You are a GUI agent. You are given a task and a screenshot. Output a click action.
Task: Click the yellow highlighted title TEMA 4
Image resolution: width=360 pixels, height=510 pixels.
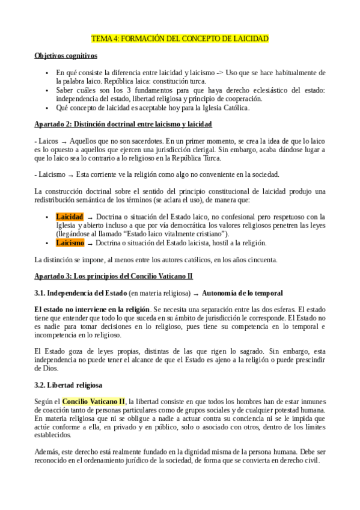[x=180, y=39]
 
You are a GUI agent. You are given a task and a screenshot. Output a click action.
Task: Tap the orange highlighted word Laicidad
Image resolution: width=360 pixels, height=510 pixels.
[x=70, y=217]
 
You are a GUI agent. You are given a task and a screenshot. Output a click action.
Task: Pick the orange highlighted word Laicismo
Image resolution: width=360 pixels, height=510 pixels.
[x=70, y=243]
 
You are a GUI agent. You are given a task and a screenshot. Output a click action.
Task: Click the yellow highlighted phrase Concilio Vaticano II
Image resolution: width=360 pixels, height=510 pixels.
[x=94, y=401]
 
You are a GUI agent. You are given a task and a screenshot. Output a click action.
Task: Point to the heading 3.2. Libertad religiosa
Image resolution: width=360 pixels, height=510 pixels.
[x=68, y=384]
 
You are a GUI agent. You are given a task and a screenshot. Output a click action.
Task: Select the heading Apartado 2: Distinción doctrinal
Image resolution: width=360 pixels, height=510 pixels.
[x=123, y=124]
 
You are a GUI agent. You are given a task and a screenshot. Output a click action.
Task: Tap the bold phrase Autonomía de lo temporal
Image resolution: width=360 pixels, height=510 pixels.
[x=243, y=293]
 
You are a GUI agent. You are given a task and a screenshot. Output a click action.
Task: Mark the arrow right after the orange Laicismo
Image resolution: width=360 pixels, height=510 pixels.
[x=90, y=244]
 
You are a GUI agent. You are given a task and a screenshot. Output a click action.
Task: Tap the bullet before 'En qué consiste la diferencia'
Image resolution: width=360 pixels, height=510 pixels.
[x=47, y=73]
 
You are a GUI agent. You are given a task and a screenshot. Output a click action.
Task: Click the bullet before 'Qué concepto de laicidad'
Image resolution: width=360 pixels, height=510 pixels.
[x=47, y=108]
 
